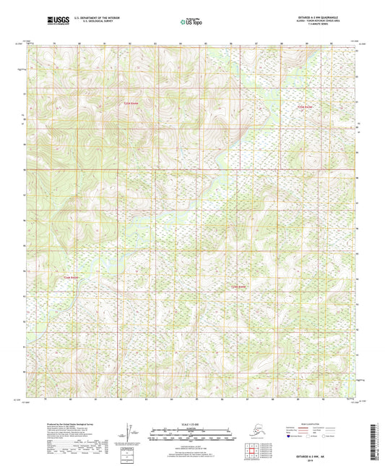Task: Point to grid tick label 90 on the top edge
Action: (332, 43)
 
